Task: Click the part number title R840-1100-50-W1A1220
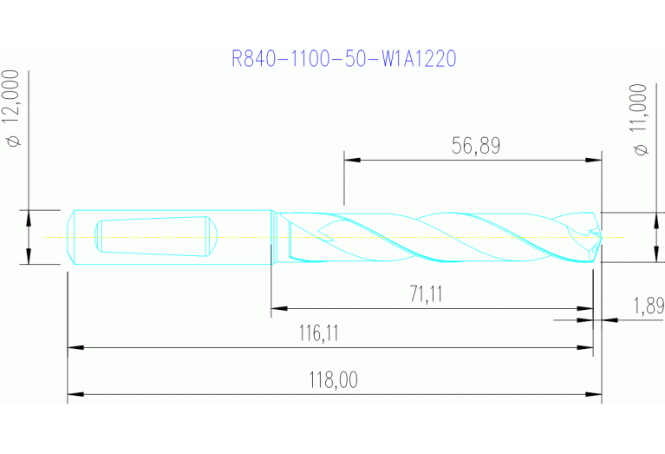click(344, 59)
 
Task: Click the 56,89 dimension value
click(476, 146)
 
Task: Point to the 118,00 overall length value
click(334, 380)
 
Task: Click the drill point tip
click(597, 235)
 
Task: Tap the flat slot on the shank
click(153, 236)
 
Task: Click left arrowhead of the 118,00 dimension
click(75, 396)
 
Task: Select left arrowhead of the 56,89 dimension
click(351, 160)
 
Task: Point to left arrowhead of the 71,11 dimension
click(278, 308)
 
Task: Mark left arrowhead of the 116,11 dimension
click(75, 348)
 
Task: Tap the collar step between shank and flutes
click(274, 237)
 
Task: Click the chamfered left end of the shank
click(72, 236)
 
